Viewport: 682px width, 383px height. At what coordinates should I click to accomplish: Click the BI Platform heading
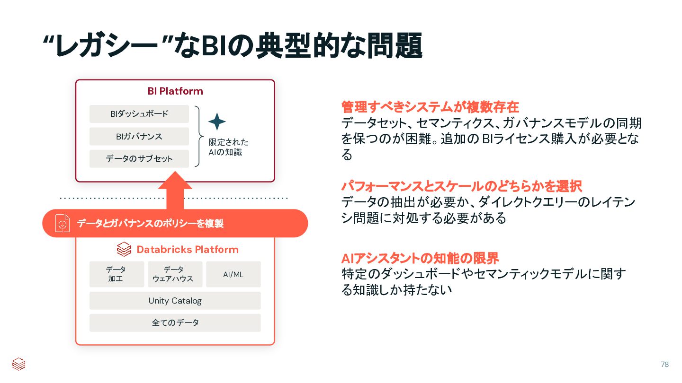coord(175,91)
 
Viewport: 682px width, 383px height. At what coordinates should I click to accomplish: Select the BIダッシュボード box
coord(139,114)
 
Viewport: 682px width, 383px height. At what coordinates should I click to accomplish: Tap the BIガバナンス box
coord(139,136)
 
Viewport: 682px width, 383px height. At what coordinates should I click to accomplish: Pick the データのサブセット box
coord(139,159)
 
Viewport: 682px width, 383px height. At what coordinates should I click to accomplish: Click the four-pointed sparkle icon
coord(217,122)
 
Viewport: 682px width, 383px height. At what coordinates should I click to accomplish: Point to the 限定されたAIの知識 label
coord(228,147)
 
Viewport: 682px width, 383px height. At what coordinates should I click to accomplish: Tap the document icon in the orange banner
coord(63,223)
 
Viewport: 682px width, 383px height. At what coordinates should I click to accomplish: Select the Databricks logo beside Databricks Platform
coord(124,249)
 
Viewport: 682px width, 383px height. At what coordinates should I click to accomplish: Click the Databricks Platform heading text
coord(188,249)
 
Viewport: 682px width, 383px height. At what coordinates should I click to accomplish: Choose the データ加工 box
coord(116,274)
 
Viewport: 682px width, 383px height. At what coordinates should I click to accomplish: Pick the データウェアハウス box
coord(175,274)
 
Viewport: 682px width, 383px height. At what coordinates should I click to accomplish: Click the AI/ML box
coord(233,274)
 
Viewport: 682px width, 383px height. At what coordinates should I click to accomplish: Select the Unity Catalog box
coord(175,301)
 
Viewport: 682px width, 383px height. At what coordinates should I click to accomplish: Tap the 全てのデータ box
coord(175,323)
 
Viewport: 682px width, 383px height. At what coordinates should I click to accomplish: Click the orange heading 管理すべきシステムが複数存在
coord(430,106)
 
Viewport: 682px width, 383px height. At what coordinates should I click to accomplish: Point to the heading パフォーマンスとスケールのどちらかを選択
coord(461,186)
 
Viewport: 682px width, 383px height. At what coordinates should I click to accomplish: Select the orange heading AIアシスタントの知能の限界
coord(420,258)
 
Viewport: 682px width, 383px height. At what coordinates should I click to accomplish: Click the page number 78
coord(664,364)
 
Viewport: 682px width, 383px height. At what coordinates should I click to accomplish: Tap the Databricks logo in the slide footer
coord(18,364)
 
